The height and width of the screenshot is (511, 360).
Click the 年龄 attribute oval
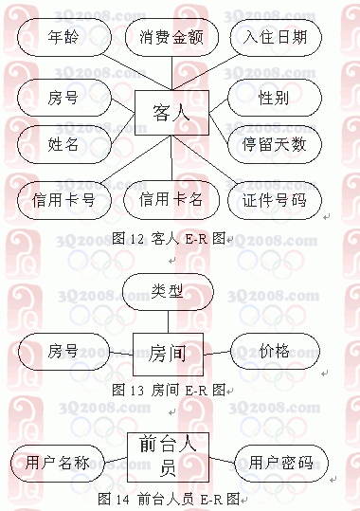coord(63,38)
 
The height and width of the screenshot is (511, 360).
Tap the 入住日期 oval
coord(276,38)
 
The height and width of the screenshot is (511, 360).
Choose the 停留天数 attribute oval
coord(274,144)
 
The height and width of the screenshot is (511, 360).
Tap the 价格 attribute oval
coord(274,351)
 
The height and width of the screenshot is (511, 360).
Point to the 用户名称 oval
coord(58,463)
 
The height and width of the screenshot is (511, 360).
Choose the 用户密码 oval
coord(281,463)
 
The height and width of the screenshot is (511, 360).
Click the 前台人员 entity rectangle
coord(167,456)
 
